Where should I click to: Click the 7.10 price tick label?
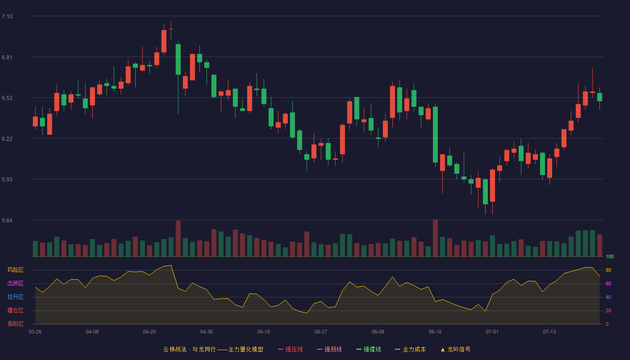coord(7,17)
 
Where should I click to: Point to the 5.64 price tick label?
coord(7,220)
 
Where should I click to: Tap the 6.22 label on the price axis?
coord(7,139)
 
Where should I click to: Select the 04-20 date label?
coord(149,332)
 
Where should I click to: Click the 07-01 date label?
coord(492,332)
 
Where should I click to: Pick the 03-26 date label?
coord(35,332)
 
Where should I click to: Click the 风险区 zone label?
coord(15,270)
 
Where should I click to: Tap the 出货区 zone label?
coord(15,283)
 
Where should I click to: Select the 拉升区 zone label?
coord(15,297)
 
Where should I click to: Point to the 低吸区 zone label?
coord(15,324)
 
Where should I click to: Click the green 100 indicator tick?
coord(610,256)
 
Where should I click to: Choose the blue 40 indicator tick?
coord(608,297)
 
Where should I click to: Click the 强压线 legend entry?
coord(290,349)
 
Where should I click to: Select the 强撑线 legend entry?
coord(369,349)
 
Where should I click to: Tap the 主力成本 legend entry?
coord(410,349)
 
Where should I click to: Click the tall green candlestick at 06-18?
coord(436,135)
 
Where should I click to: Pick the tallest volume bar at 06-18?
coord(436,238)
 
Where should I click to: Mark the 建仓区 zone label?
coord(15,310)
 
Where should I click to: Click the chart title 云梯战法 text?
coord(175,349)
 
